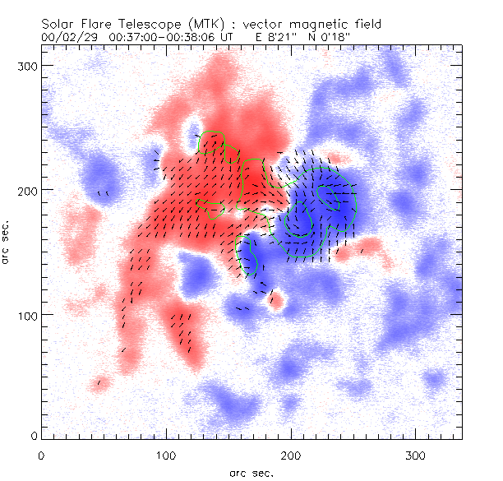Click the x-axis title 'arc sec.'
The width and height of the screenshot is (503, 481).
tap(250, 472)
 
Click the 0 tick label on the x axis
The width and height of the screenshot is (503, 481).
tap(41, 455)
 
